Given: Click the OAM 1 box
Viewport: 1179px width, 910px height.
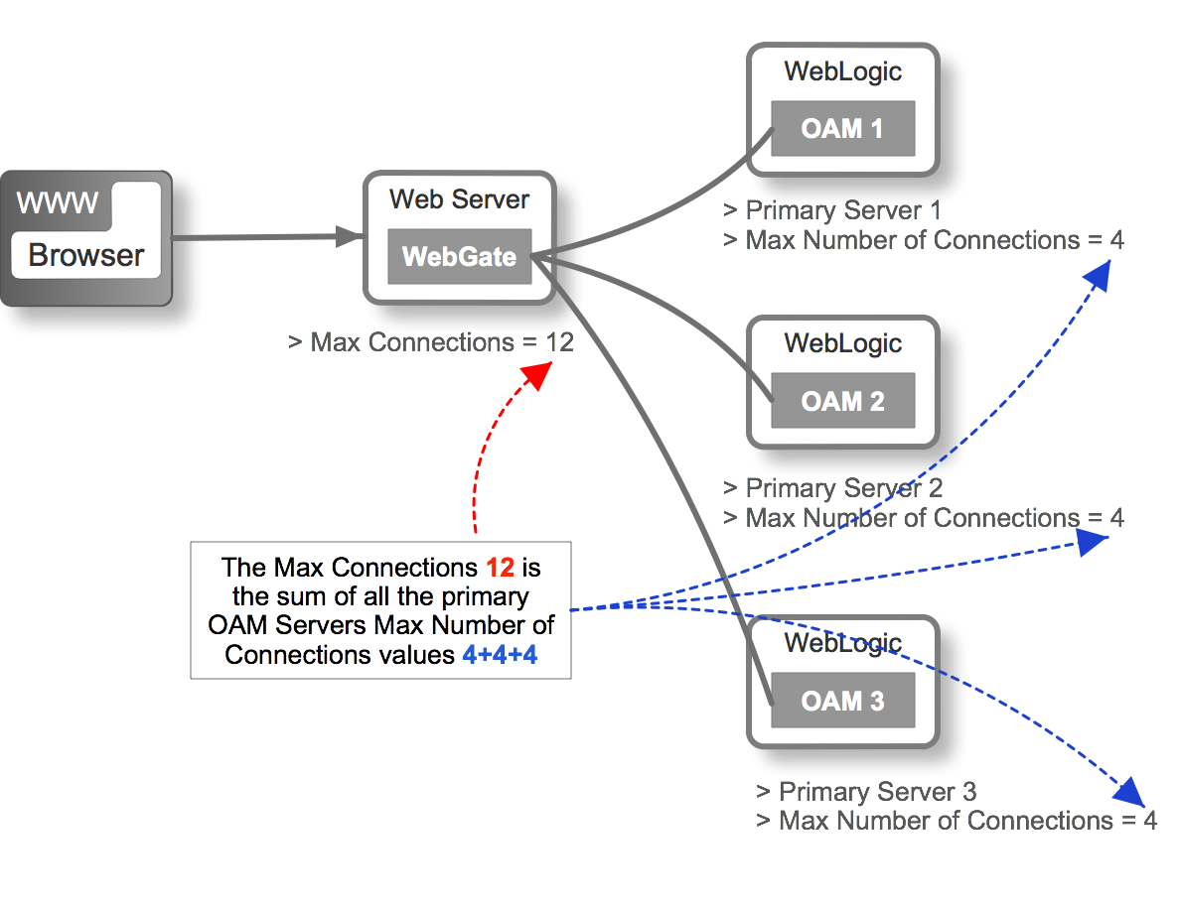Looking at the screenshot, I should pos(842,128).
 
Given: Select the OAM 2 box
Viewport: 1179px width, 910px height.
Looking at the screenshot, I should pos(842,401).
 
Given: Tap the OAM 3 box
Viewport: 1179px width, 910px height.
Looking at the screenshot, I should pos(842,701).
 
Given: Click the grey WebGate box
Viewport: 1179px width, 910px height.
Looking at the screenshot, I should pos(459,256).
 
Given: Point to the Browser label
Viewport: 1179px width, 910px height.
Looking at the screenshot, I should pos(85,255).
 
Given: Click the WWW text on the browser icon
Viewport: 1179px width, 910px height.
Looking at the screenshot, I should pos(58,203).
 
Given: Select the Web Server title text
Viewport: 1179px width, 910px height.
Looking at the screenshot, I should pos(459,198).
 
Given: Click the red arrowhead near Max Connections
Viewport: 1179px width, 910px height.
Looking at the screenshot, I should pos(535,376).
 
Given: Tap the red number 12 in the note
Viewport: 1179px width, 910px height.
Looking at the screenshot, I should pos(500,568).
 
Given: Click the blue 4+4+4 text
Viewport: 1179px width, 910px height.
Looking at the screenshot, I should pos(500,655).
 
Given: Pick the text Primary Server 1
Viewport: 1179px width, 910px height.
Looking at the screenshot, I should pos(842,210).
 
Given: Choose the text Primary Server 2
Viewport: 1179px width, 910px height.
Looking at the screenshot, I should pos(843,488).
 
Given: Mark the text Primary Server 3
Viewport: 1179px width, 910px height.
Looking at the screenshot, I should pos(877,792).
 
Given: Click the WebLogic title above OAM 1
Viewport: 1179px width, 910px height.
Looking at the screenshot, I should pos(842,71).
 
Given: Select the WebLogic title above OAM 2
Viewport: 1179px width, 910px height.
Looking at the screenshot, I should pos(842,343).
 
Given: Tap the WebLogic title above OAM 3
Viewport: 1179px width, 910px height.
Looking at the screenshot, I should pos(842,643).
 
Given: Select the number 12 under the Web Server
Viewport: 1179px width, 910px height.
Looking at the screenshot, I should pos(559,342).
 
